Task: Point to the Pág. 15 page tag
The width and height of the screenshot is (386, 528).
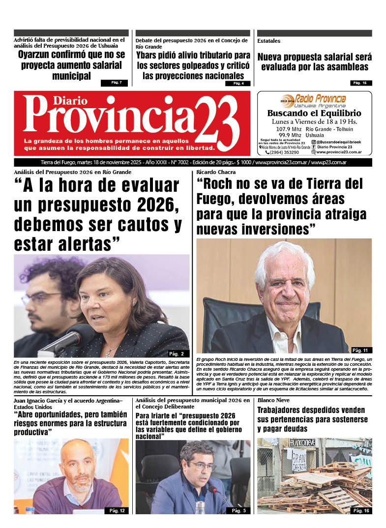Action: pyautogui.click(x=361, y=83)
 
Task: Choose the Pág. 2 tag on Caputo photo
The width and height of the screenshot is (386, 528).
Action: pyautogui.click(x=176, y=353)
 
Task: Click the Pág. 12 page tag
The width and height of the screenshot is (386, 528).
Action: pyautogui.click(x=117, y=511)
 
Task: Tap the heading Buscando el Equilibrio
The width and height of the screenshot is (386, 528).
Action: pyautogui.click(x=314, y=113)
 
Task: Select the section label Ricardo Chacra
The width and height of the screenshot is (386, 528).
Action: pyautogui.click(x=216, y=172)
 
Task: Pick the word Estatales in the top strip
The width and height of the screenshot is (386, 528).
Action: pyautogui.click(x=269, y=41)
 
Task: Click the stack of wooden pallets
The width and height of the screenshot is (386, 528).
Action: pyautogui.click(x=320, y=484)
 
